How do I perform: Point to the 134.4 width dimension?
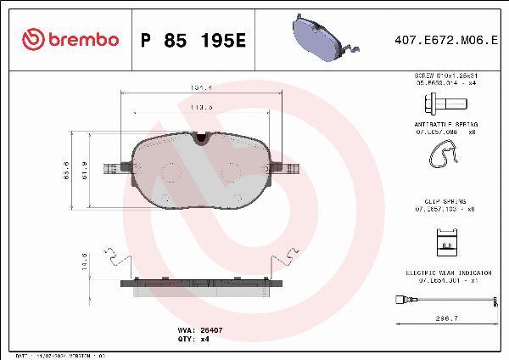pos(201,87)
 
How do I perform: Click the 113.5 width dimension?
pos(201,108)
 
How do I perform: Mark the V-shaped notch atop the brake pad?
pos(201,138)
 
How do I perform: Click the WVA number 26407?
pos(210,327)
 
